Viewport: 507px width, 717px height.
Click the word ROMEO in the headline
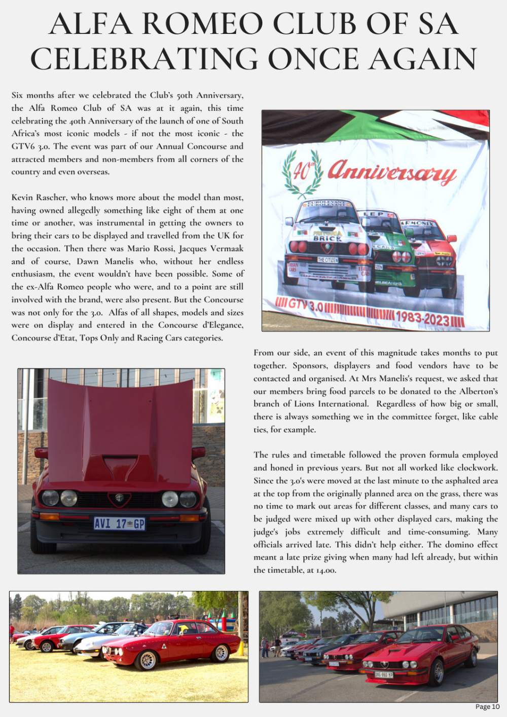pyautogui.click(x=203, y=24)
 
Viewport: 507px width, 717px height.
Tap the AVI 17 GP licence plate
pyautogui.click(x=120, y=523)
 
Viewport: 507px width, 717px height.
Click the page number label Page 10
pyautogui.click(x=487, y=707)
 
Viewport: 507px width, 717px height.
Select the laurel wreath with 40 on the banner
pyautogui.click(x=303, y=173)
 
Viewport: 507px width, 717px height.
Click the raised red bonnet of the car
pyautogui.click(x=121, y=431)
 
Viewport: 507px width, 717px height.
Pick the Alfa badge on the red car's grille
pyautogui.click(x=119, y=498)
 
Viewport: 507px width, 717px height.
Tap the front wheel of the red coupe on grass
pyautogui.click(x=148, y=660)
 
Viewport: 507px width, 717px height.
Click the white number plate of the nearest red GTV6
pyautogui.click(x=383, y=674)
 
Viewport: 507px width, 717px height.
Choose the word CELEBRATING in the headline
pyautogui.click(x=144, y=59)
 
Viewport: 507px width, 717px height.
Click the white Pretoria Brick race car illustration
pyautogui.click(x=327, y=248)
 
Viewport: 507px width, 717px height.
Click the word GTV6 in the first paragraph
pyautogui.click(x=23, y=146)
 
